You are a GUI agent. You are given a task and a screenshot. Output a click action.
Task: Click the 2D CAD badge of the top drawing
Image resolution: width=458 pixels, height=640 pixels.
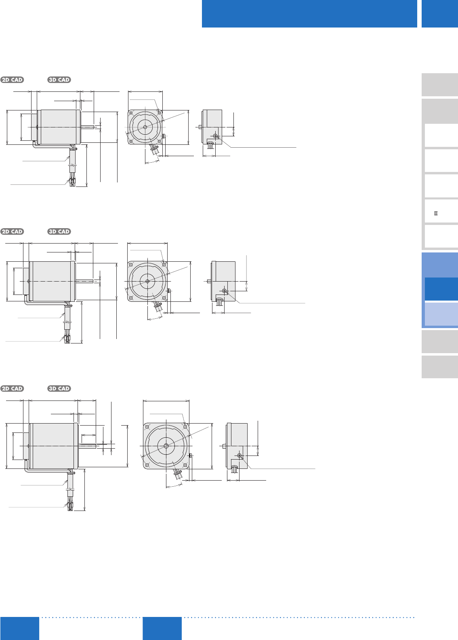click(12, 80)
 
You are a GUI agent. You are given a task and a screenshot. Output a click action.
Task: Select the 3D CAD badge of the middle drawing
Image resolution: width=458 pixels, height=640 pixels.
click(59, 231)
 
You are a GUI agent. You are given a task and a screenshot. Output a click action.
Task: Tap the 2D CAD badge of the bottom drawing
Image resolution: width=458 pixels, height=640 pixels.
click(12, 388)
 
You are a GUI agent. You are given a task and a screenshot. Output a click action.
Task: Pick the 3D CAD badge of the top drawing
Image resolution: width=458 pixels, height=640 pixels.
click(59, 80)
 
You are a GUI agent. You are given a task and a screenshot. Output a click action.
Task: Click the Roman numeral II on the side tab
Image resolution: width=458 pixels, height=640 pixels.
click(436, 214)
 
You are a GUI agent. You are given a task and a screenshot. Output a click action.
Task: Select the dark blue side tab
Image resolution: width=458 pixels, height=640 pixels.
click(441, 289)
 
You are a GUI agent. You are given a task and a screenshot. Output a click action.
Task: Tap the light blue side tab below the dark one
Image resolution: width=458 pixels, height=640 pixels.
click(441, 314)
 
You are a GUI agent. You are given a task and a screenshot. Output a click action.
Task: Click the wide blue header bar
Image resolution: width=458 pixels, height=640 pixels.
click(309, 14)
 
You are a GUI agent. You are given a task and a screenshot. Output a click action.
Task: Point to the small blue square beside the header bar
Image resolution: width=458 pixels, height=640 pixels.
click(440, 14)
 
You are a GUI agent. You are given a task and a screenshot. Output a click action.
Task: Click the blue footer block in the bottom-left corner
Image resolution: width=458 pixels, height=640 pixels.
click(20, 628)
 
